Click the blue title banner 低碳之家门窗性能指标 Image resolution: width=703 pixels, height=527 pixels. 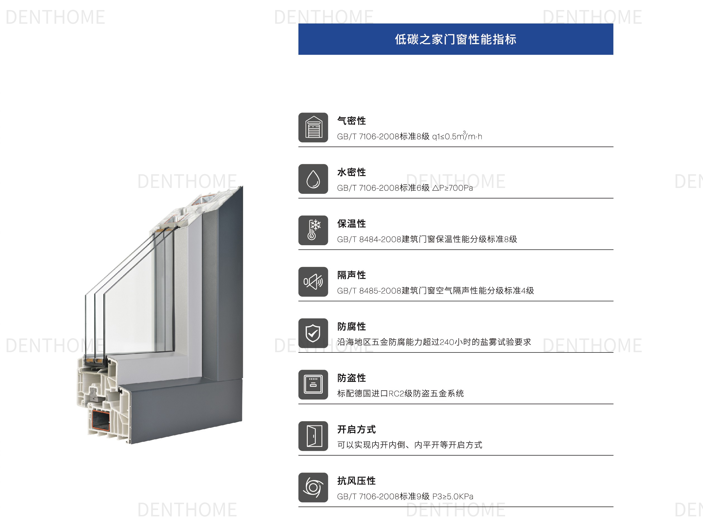pyautogui.click(x=455, y=39)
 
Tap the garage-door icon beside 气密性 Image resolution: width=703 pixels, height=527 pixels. pyautogui.click(x=313, y=127)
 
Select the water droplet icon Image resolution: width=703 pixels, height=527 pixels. pyautogui.click(x=313, y=179)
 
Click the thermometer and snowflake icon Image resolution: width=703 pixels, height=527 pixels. pyautogui.click(x=313, y=230)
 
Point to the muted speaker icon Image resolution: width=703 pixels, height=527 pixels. pyautogui.click(x=313, y=282)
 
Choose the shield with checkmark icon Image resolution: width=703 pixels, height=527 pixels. pyautogui.click(x=313, y=333)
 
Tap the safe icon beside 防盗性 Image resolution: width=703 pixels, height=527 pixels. pyautogui.click(x=313, y=384)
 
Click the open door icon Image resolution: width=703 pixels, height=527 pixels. pyautogui.click(x=313, y=436)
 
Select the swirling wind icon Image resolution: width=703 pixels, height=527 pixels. pyautogui.click(x=313, y=487)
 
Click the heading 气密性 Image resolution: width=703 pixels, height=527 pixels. pyautogui.click(x=351, y=121)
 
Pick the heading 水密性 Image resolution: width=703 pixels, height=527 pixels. pyautogui.click(x=351, y=172)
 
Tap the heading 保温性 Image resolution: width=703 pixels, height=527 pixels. pyautogui.click(x=351, y=224)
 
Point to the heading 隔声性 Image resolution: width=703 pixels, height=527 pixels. pyautogui.click(x=351, y=275)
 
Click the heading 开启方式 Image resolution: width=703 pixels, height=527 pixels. pyautogui.click(x=356, y=430)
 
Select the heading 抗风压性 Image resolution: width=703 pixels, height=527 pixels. pyautogui.click(x=356, y=481)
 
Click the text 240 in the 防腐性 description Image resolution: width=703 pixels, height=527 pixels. pyautogui.click(x=447, y=342)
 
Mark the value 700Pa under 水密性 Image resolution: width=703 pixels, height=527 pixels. pyautogui.click(x=461, y=188)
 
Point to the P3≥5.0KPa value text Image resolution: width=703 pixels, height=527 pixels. pyautogui.click(x=453, y=497)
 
